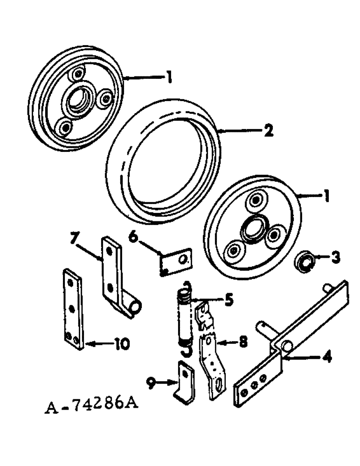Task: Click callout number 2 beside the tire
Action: (x=267, y=131)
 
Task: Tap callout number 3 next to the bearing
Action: (x=335, y=256)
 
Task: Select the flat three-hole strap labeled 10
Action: (x=73, y=308)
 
